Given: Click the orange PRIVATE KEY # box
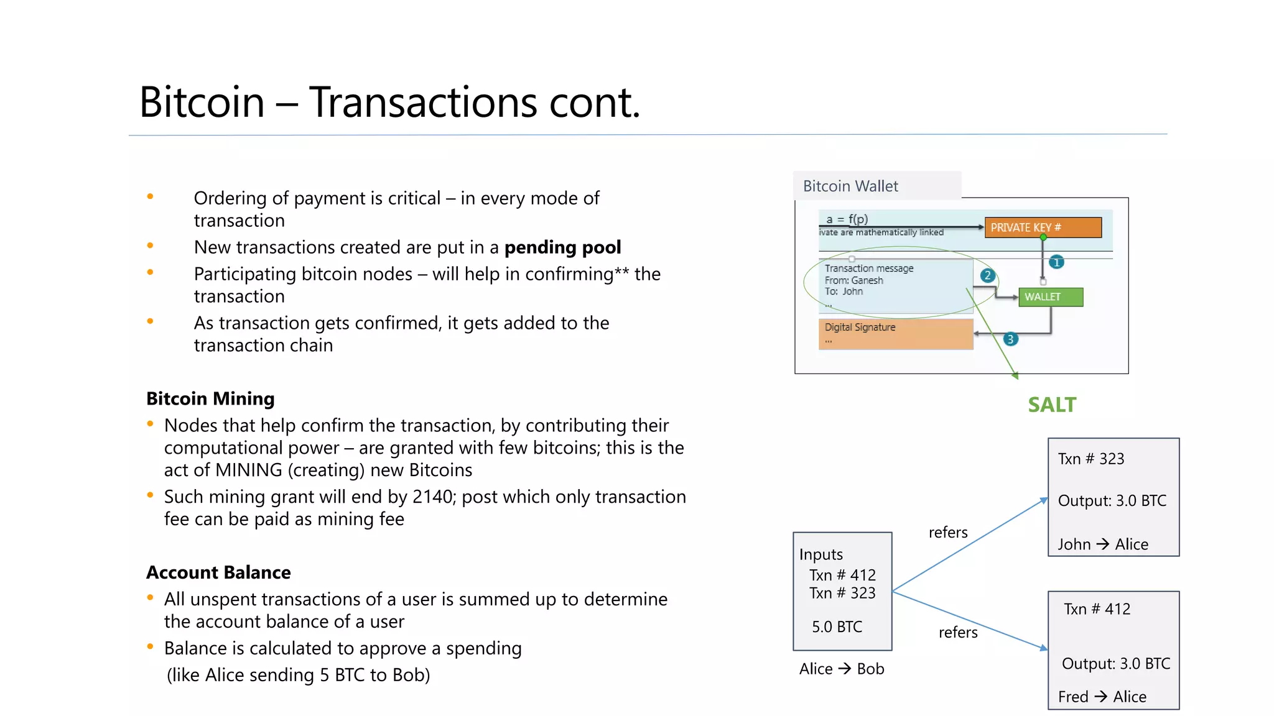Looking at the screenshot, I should pyautogui.click(x=1043, y=227).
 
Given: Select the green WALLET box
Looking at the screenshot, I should pyautogui.click(x=1050, y=297).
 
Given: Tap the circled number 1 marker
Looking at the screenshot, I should pyautogui.click(x=1056, y=262).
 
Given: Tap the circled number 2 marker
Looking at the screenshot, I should pyautogui.click(x=987, y=275).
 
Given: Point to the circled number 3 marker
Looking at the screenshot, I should pyautogui.click(x=1010, y=339).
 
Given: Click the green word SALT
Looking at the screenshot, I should pyautogui.click(x=1051, y=405).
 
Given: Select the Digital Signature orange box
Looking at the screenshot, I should pyautogui.click(x=895, y=334).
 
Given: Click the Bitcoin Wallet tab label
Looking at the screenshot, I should pyautogui.click(x=850, y=186).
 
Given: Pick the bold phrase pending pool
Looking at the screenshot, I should pyautogui.click(x=562, y=247).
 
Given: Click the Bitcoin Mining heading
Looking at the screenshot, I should pyautogui.click(x=210, y=398).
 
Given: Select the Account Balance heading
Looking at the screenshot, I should pyautogui.click(x=218, y=572).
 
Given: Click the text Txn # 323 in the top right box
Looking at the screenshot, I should pyautogui.click(x=1091, y=459).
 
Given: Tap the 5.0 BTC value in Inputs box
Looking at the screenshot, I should pyautogui.click(x=837, y=626).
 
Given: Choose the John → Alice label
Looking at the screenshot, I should pyautogui.click(x=1102, y=544).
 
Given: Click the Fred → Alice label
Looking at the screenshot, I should pyautogui.click(x=1102, y=697).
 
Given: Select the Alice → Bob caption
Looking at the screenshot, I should pyautogui.click(x=841, y=669).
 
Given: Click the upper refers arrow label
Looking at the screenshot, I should pyautogui.click(x=947, y=533).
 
